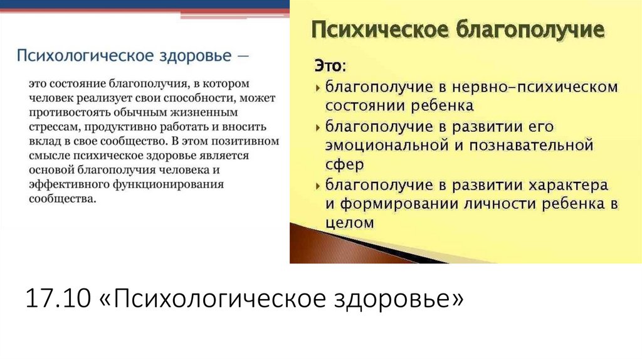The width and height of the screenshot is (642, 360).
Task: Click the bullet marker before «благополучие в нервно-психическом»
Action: (318, 87)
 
